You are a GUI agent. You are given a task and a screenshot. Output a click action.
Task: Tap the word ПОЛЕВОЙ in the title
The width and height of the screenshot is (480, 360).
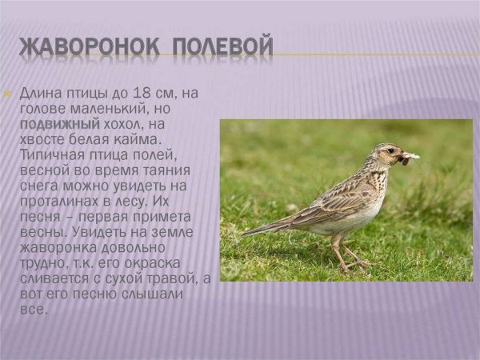224,47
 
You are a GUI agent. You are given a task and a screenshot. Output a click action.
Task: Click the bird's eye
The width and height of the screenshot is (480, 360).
390,150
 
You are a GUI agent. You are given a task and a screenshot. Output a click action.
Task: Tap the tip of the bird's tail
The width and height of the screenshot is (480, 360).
243,233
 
